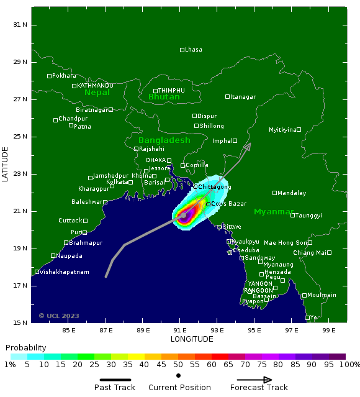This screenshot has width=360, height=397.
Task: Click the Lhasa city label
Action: pyautogui.click(x=194, y=50)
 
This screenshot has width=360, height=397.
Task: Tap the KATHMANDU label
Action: pyautogui.click(x=94, y=86)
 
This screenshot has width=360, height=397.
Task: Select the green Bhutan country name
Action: pyautogui.click(x=164, y=97)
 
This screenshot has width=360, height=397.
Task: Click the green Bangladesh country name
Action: pyautogui.click(x=164, y=140)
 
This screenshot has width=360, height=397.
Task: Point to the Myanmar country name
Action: pyautogui.click(x=274, y=212)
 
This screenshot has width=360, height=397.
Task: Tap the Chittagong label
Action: pyautogui.click(x=214, y=187)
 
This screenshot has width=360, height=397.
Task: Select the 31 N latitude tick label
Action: pyautogui.click(x=21, y=25)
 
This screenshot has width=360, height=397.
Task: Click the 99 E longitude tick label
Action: pyautogui.click(x=329, y=330)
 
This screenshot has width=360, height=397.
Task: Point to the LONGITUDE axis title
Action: pyautogui.click(x=192, y=339)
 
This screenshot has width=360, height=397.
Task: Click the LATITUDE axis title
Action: pyautogui.click(x=6, y=164)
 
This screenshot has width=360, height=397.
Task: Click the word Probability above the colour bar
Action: pyautogui.click(x=25, y=347)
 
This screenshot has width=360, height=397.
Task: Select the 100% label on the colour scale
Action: pyautogui.click(x=349, y=365)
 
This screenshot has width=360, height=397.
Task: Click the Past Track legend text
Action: pyautogui.click(x=115, y=388)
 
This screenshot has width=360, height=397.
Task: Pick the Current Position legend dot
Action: pyautogui.click(x=179, y=376)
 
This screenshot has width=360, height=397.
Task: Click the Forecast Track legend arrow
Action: pyautogui.click(x=254, y=380)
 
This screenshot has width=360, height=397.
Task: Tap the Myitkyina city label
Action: pyautogui.click(x=282, y=130)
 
